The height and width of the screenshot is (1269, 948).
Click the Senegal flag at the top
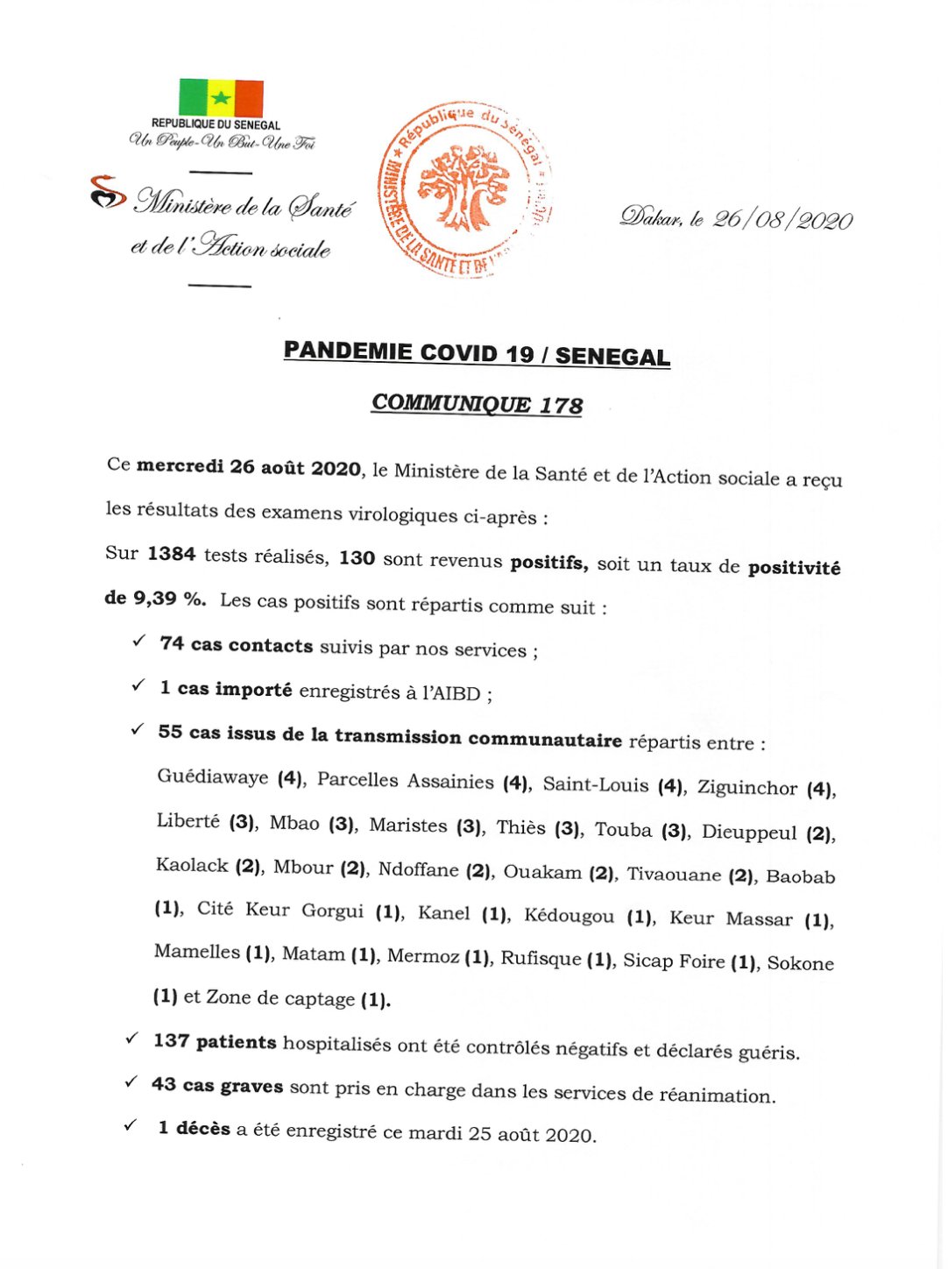pyautogui.click(x=221, y=97)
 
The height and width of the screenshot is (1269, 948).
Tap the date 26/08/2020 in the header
pyautogui.click(x=782, y=219)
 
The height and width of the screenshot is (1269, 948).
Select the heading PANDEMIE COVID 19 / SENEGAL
pyautogui.click(x=477, y=353)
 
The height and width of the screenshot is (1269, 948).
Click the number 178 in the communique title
pyautogui.click(x=561, y=405)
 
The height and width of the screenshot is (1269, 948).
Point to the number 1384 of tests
pyautogui.click(x=171, y=553)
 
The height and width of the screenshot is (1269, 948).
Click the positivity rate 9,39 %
pyautogui.click(x=169, y=599)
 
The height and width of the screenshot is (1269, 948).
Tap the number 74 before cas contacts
pyautogui.click(x=172, y=643)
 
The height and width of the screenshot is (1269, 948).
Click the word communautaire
pyautogui.click(x=545, y=740)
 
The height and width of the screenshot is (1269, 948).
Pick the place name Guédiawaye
pyautogui.click(x=213, y=776)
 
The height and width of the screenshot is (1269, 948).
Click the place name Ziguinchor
pyautogui.click(x=746, y=787)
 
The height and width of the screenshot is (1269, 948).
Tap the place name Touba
pyautogui.click(x=623, y=829)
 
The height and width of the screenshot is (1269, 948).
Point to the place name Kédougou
pyautogui.click(x=569, y=916)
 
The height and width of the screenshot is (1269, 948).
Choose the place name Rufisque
pyautogui.click(x=541, y=958)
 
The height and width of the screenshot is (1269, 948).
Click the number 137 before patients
pyautogui.click(x=171, y=1040)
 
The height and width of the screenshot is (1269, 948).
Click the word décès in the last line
pyautogui.click(x=202, y=1129)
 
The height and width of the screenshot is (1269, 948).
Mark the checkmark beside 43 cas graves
pyautogui.click(x=131, y=1082)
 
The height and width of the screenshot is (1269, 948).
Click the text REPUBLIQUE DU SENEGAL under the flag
pyautogui.click(x=216, y=124)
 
